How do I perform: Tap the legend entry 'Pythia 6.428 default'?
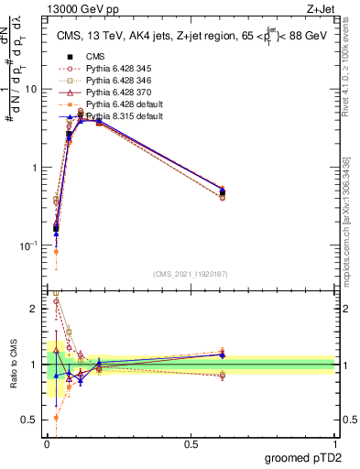point(127,106)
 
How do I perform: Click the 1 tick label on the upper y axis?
point(35,168)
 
